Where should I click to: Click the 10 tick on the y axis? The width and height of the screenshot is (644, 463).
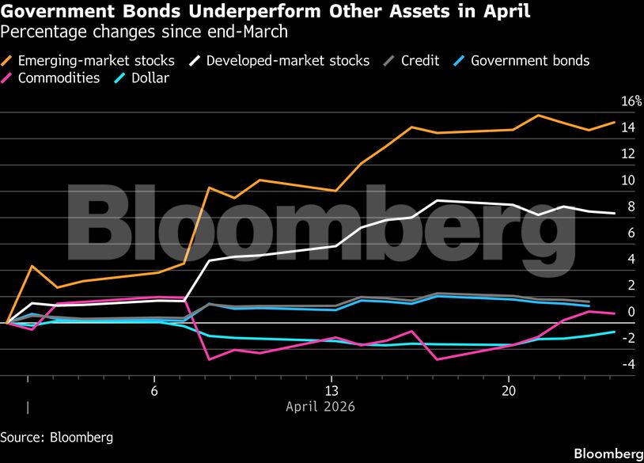pyautogui.click(x=627, y=180)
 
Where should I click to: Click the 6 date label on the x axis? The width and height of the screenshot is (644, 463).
pyautogui.click(x=154, y=391)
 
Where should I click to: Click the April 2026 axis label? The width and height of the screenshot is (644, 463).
pyautogui.click(x=320, y=407)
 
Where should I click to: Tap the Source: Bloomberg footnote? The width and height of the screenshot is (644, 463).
pyautogui.click(x=56, y=436)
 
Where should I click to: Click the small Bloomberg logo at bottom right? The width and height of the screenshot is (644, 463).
pyautogui.click(x=607, y=454)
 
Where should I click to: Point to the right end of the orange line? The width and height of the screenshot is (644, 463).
pyautogui.click(x=615, y=123)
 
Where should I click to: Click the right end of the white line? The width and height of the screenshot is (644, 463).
pyautogui.click(x=615, y=213)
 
